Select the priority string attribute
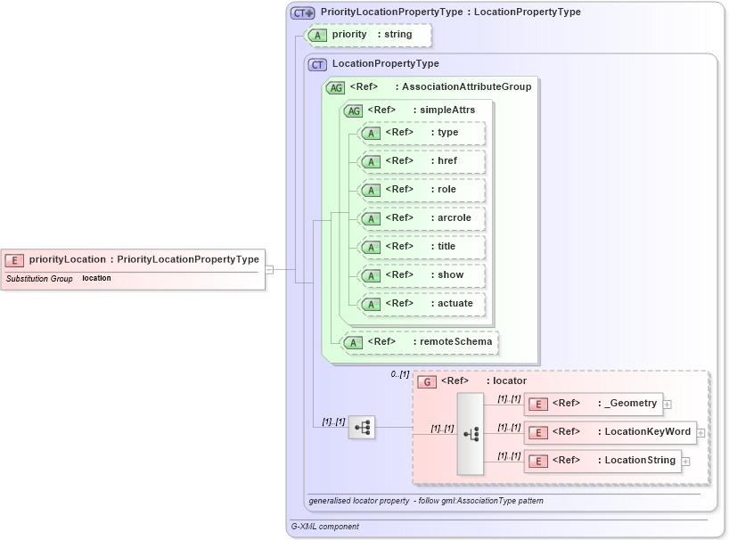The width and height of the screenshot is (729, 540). point(369,35)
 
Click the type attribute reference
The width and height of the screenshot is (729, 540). point(421,133)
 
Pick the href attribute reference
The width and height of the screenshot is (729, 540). point(421,161)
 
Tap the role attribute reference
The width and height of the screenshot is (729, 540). point(421,190)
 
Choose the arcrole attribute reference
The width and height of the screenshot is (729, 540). point(421,218)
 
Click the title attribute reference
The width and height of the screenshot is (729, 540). point(421,247)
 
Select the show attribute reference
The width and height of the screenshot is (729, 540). point(421,275)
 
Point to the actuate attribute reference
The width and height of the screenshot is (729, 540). point(421,304)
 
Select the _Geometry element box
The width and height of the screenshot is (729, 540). point(593,404)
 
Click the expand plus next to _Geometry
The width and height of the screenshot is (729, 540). point(668,405)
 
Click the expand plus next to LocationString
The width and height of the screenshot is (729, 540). point(685,462)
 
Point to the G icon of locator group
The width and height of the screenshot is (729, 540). point(427,381)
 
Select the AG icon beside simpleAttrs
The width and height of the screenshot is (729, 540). point(354,110)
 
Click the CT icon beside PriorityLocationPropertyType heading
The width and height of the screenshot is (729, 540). point(303,12)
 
